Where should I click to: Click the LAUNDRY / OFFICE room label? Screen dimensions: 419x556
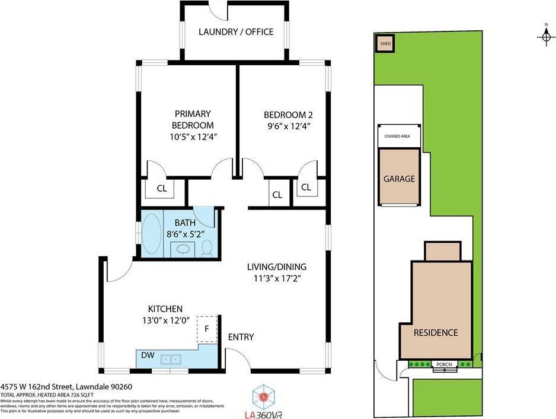pos(236,31)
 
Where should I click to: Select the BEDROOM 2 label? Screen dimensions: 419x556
pos(287,115)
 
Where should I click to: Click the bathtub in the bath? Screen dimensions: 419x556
pos(152,236)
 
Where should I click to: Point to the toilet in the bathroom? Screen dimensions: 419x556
pos(207,247)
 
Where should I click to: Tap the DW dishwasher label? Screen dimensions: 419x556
pos(148,355)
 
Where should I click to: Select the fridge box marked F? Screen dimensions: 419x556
pos(207,328)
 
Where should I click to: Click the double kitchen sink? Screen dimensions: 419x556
pos(172,358)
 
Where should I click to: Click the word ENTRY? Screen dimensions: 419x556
pos(241,337)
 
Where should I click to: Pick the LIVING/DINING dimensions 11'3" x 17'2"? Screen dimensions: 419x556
pos(278,279)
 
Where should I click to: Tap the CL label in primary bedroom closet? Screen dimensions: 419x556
pos(162,189)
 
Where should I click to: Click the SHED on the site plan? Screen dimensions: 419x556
pos(385,44)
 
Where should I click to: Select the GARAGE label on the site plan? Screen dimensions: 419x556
pos(399,179)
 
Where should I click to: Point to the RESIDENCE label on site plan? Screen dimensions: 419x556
pos(436,332)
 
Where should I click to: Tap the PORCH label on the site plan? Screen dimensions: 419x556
pos(444,364)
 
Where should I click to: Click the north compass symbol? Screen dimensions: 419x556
pos(545,37)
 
